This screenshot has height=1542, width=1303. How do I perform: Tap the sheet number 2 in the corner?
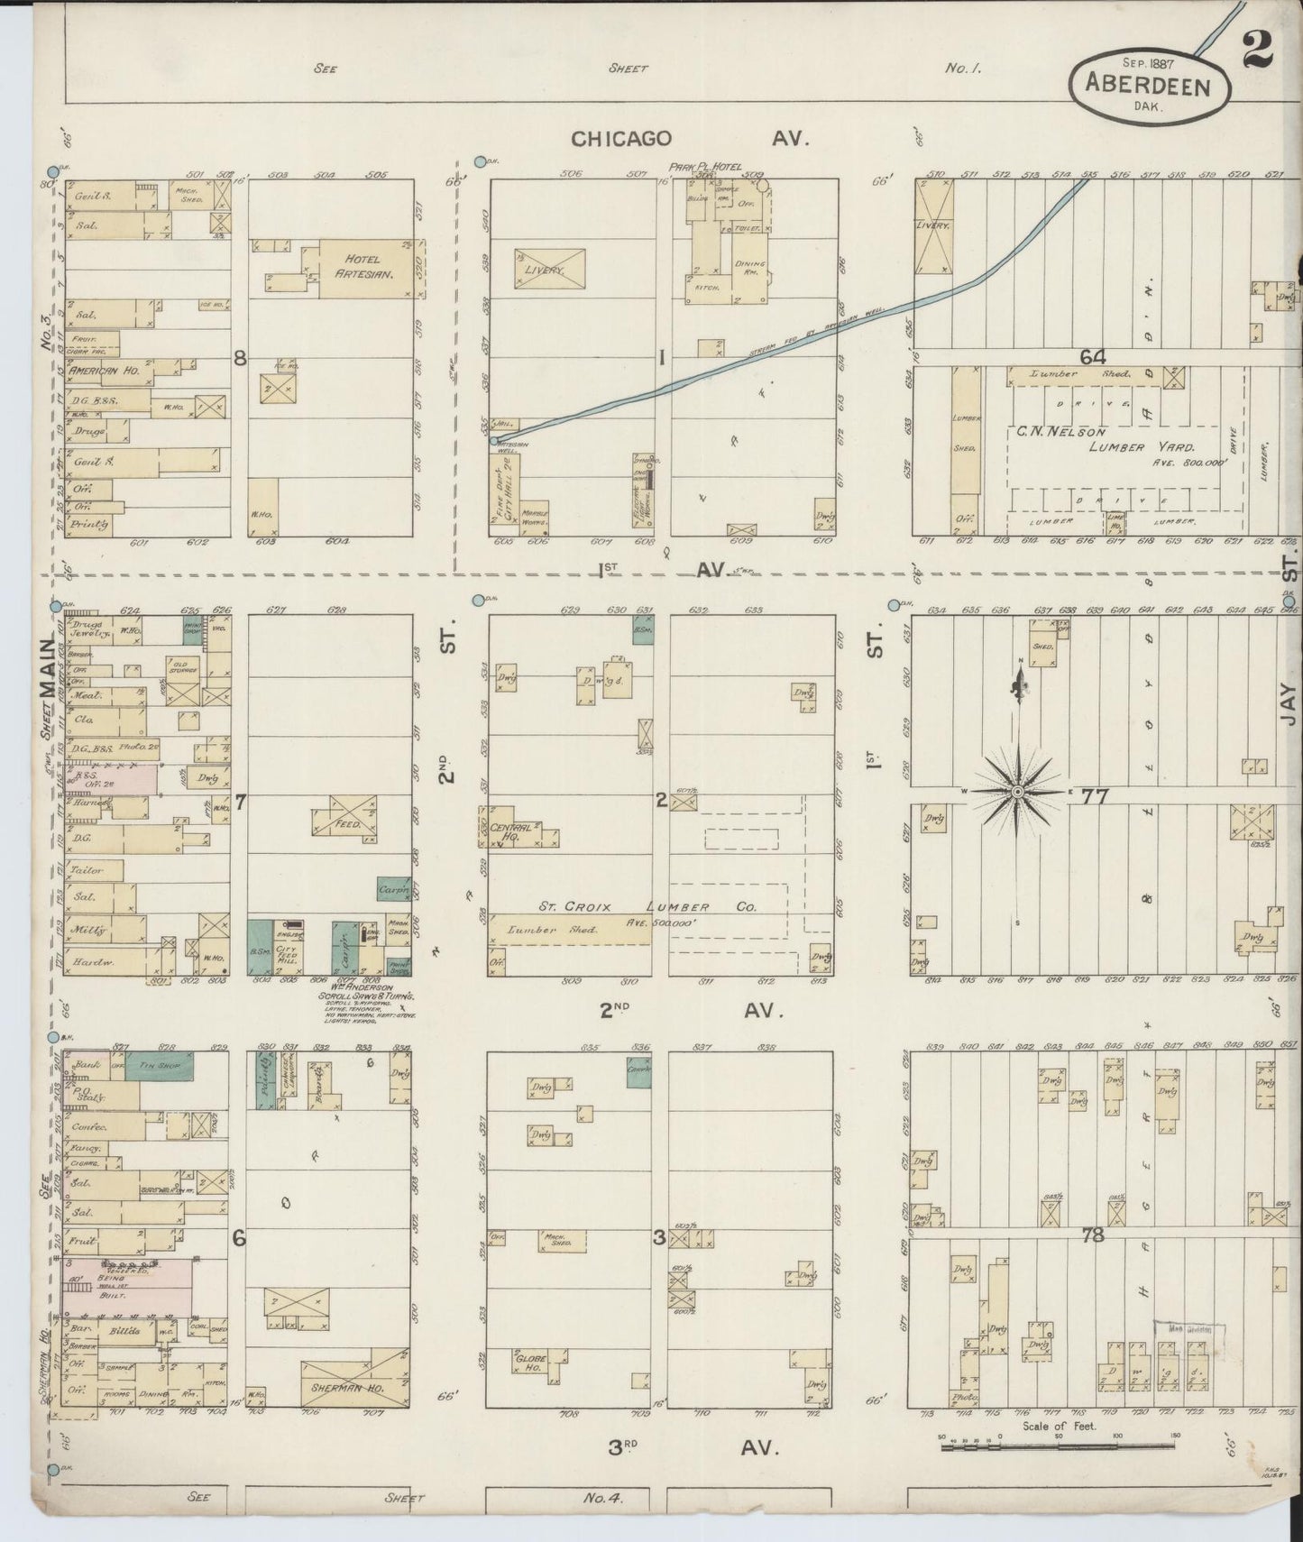1256,50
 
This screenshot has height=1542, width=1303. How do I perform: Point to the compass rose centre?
1017,792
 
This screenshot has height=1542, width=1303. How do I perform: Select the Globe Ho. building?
537,1361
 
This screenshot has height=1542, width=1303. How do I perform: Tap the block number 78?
1092,1235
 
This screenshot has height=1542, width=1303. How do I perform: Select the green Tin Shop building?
159,1065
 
